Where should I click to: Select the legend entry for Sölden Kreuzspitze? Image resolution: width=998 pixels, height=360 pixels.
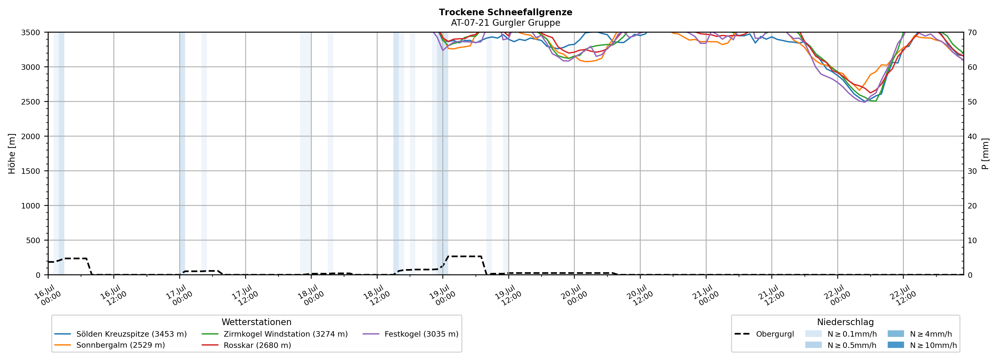pyautogui.click(x=121, y=334)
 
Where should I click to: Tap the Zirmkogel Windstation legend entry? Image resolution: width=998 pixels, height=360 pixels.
pyautogui.click(x=275, y=334)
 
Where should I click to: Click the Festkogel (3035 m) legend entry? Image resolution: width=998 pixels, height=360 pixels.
pyautogui.click(x=411, y=334)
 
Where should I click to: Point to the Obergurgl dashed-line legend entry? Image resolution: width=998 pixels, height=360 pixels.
pyautogui.click(x=764, y=334)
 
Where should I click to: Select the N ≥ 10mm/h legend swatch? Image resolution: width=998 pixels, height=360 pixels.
pyautogui.click(x=896, y=345)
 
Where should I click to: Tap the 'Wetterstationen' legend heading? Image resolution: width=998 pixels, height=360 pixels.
pyautogui.click(x=257, y=322)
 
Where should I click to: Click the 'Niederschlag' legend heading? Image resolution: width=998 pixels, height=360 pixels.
pyautogui.click(x=845, y=322)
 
